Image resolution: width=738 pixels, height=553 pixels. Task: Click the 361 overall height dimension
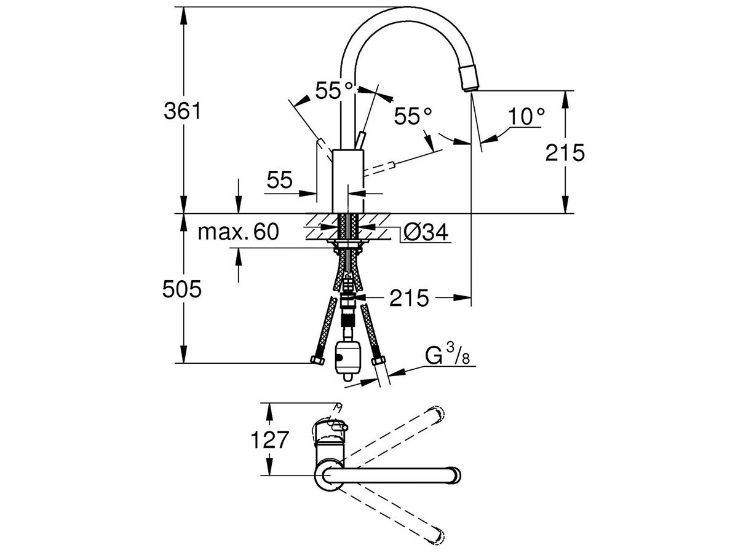[x=182, y=111]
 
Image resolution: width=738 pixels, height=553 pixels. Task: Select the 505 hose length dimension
[x=182, y=289]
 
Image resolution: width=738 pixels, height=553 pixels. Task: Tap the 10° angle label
[x=526, y=115]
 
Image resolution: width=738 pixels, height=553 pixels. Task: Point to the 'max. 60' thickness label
[x=239, y=232]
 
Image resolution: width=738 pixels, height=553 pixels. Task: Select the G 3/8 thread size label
[x=448, y=357]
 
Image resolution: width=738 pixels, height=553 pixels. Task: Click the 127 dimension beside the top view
[x=269, y=440]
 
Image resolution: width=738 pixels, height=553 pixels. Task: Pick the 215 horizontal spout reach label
[x=408, y=298]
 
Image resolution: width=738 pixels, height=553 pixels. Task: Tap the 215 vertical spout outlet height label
[x=565, y=152]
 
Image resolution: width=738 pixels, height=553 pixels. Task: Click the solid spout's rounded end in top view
[x=454, y=476]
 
